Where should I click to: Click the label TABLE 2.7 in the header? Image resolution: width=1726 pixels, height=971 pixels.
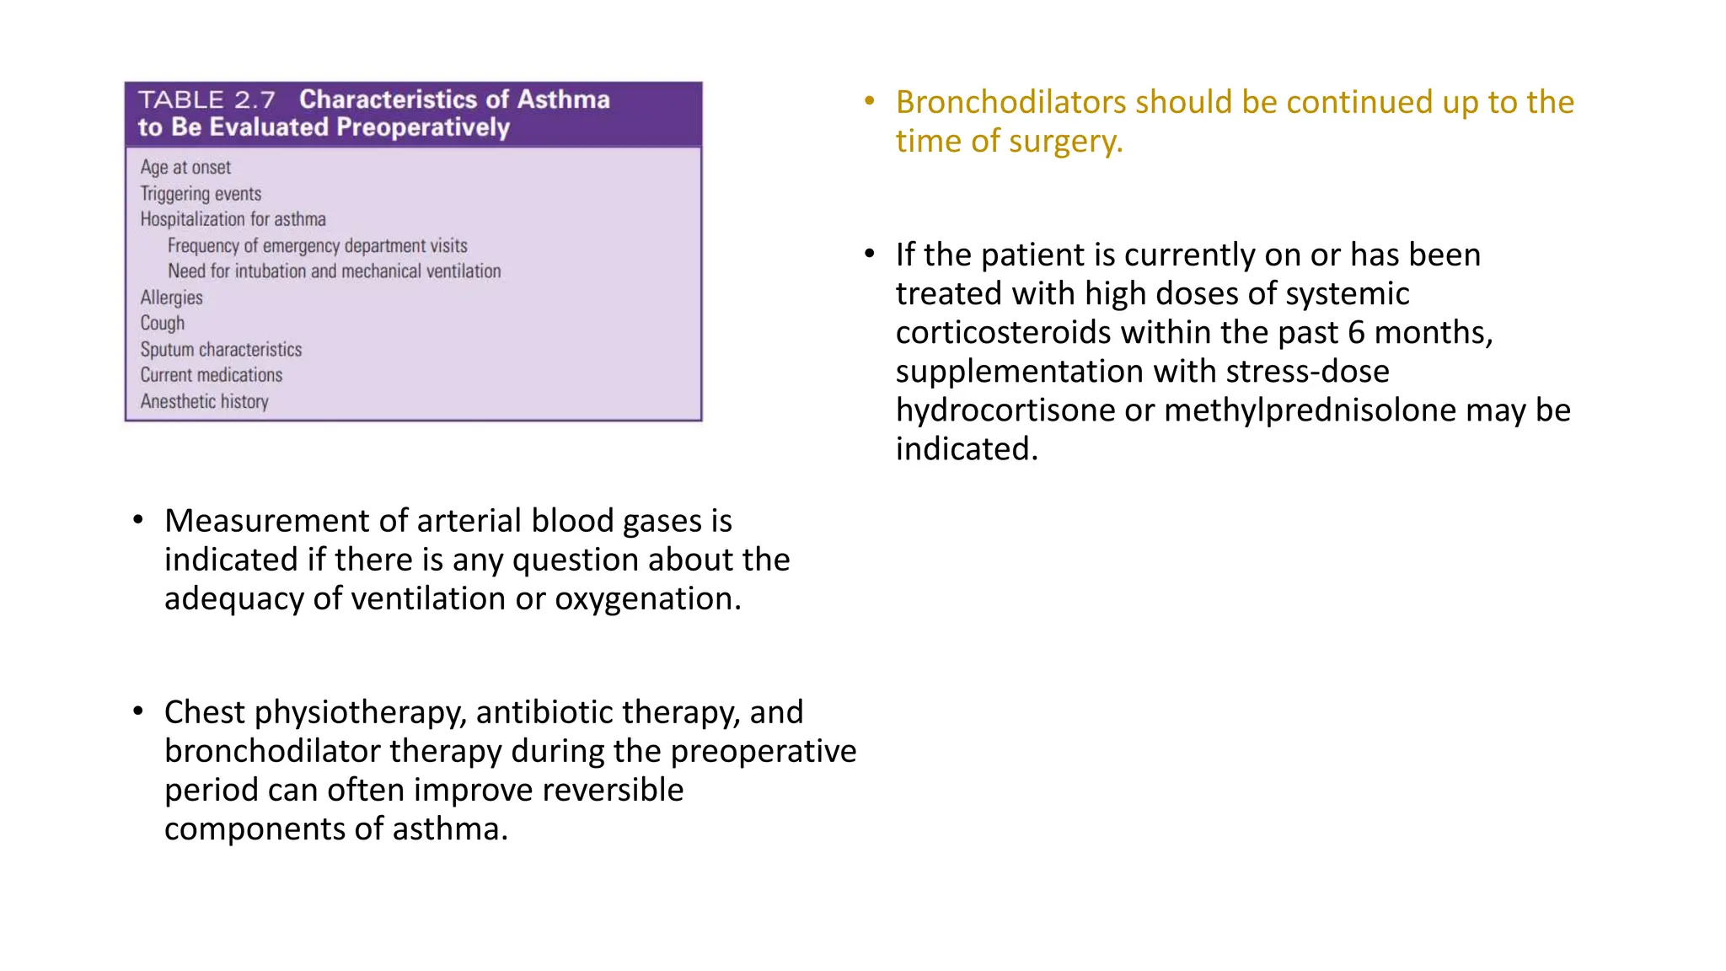click(x=206, y=100)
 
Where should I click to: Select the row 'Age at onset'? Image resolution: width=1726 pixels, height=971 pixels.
click(x=185, y=168)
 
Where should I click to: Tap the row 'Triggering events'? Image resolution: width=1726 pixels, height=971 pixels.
click(x=201, y=194)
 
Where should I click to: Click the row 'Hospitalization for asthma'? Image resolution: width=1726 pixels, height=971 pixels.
click(x=233, y=219)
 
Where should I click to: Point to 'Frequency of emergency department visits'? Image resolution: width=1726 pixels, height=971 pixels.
click(x=317, y=246)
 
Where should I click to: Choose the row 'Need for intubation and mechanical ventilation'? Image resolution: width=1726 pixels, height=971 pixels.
click(x=334, y=271)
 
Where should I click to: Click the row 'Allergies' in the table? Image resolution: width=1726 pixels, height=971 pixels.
click(x=171, y=298)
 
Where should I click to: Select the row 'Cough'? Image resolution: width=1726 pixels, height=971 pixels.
click(x=162, y=324)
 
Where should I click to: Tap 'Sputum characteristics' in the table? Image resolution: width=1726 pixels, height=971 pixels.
click(x=221, y=350)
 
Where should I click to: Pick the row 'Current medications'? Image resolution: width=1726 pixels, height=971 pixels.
click(x=211, y=375)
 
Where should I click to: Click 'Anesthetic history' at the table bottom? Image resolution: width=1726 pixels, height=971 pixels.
click(x=204, y=402)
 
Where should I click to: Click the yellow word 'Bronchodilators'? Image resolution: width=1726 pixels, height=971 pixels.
click(x=1010, y=102)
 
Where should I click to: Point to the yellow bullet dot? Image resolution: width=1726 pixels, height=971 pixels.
click(x=870, y=102)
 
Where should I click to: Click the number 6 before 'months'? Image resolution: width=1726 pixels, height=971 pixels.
click(x=1356, y=333)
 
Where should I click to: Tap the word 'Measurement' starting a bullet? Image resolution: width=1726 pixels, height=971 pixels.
click(x=266, y=521)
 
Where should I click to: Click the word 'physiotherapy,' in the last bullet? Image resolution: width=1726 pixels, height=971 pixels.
click(x=361, y=713)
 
